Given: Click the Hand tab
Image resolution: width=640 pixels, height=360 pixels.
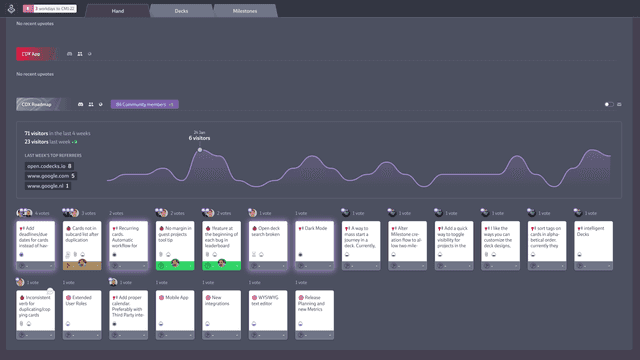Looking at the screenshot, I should click(118, 11).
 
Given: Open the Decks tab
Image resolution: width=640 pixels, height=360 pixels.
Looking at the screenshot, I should click(181, 11).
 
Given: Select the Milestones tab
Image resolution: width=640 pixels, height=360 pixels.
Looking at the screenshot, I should click(245, 11).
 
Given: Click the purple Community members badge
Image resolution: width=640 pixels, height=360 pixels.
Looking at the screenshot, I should click(144, 104).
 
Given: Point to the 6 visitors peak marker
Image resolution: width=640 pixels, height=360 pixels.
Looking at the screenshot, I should click(199, 150).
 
